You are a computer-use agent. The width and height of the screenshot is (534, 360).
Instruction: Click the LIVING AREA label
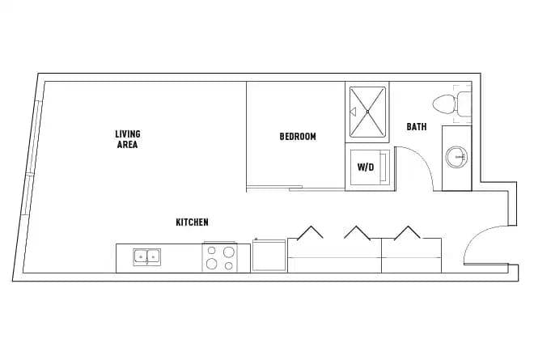pyautogui.click(x=126, y=139)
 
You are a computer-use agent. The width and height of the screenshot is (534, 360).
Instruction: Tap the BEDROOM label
pyautogui.click(x=297, y=137)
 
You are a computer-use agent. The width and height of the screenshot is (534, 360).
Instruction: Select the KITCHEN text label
pyautogui.click(x=193, y=222)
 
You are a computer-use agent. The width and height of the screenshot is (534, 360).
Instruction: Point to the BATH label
pyautogui.click(x=417, y=127)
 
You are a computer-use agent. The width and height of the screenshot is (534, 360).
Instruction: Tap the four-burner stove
pyautogui.click(x=219, y=257)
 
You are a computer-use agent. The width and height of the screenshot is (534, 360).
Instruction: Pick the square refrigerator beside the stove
pyautogui.click(x=269, y=256)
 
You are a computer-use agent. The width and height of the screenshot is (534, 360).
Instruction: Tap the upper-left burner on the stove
pyautogui.click(x=212, y=251)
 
